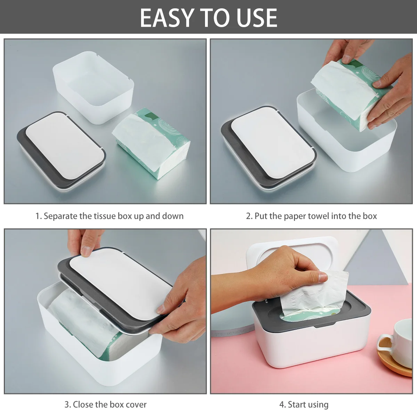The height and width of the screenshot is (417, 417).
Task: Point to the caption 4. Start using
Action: pyautogui.click(x=304, y=404)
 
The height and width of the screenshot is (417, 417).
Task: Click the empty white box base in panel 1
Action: pyautogui.click(x=93, y=87)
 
